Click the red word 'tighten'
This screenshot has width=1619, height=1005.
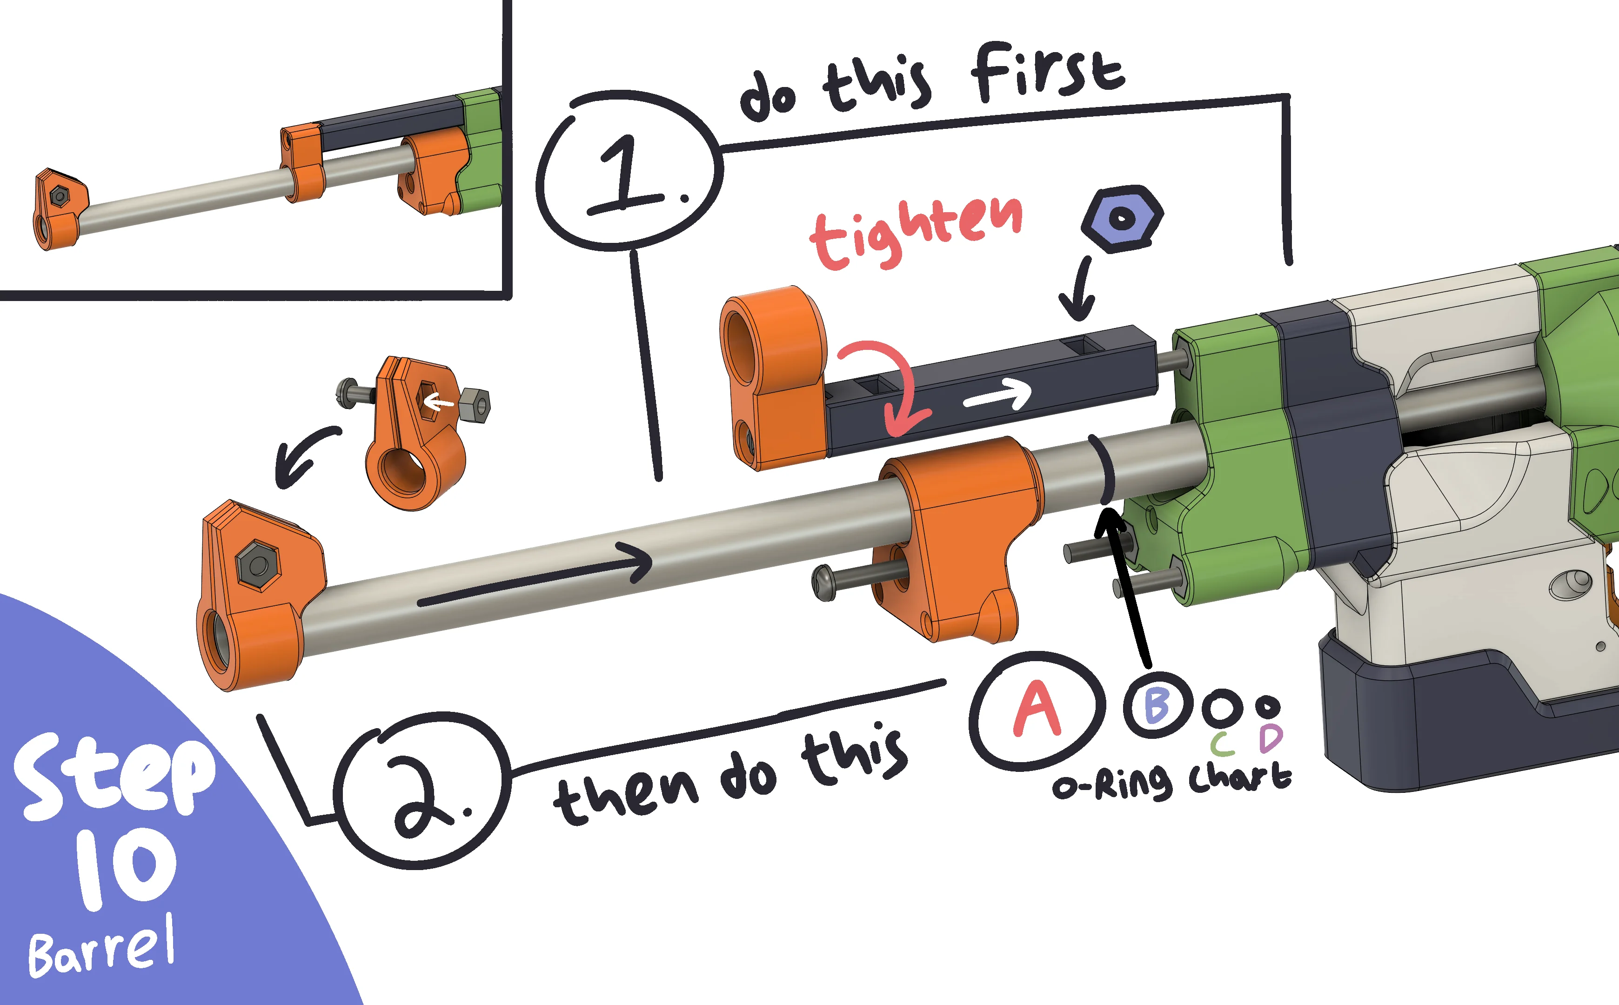(916, 232)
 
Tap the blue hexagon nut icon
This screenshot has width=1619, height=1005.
(1122, 219)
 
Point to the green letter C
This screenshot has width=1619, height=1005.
(1222, 744)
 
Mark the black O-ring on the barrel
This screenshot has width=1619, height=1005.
(1103, 469)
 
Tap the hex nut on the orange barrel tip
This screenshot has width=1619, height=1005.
(257, 565)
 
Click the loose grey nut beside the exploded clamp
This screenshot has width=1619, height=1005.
(475, 405)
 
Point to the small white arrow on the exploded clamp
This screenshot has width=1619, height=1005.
(439, 402)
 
